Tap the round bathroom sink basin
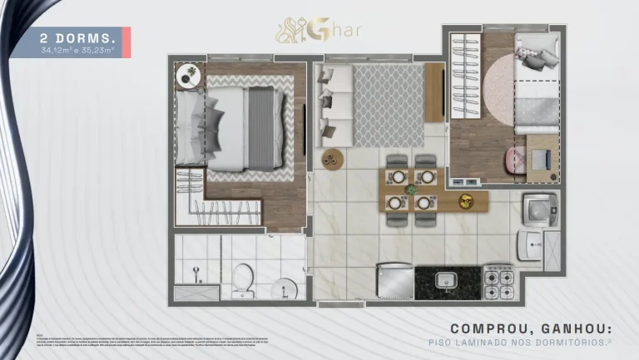pyautogui.click(x=284, y=288)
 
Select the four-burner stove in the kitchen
pyautogui.click(x=499, y=283)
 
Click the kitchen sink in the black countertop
pyautogui.click(x=445, y=279)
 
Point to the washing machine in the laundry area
pyautogui.click(x=539, y=210)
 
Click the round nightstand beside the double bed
pyautogui.click(x=187, y=76)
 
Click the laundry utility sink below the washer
pyautogui.click(x=530, y=245)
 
